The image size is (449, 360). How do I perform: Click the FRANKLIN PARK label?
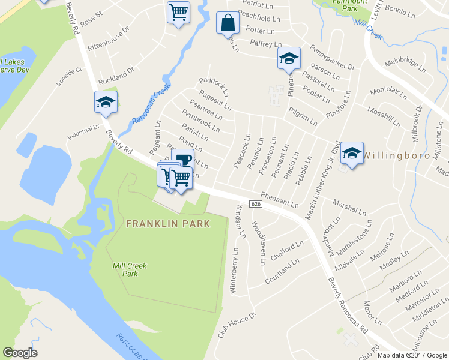[x=168, y=224]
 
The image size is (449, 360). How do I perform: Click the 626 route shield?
[x=256, y=205]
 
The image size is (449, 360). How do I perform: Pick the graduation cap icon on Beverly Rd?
[x=106, y=103]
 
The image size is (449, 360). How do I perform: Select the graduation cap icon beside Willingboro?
[x=352, y=154]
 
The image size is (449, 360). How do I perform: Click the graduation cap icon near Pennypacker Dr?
[x=289, y=58]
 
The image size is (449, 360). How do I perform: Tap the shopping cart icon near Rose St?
[x=178, y=12]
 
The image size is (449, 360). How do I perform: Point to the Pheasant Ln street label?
[x=280, y=200]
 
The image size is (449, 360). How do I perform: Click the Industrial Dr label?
[x=84, y=133]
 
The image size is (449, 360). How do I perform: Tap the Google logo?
[x=20, y=352]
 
